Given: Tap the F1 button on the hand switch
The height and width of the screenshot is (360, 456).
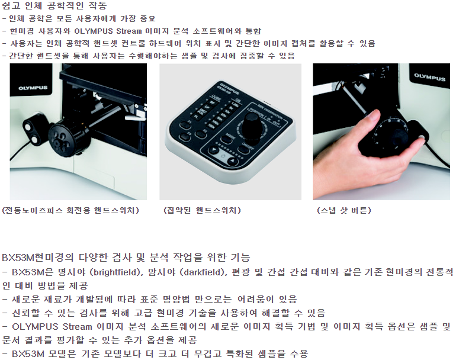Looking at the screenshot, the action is coord(185,125).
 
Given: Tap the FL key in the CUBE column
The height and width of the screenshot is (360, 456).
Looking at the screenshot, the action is coord(197,116).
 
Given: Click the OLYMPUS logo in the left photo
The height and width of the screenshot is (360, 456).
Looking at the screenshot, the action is coord(33,88).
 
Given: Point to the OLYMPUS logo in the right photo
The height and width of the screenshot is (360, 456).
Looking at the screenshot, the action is coord(429,77).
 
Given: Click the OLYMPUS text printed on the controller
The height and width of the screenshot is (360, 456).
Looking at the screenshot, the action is coord(229,88).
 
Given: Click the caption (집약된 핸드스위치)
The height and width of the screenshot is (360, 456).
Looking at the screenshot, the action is coord(203,210).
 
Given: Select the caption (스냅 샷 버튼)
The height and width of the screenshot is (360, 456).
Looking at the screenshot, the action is coord(344,210).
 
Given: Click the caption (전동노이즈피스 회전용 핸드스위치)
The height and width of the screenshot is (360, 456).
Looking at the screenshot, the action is coord(70,210).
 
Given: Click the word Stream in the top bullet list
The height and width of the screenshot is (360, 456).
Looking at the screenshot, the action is coord(129,31).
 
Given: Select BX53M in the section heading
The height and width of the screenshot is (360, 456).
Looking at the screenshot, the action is coord(18,258).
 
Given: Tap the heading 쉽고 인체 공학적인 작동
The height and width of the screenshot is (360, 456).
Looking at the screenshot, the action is coord(54,5).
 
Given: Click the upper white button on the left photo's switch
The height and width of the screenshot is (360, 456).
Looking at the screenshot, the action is coord(28,127).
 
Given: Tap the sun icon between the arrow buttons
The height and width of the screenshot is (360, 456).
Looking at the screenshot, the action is coord(223,156).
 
